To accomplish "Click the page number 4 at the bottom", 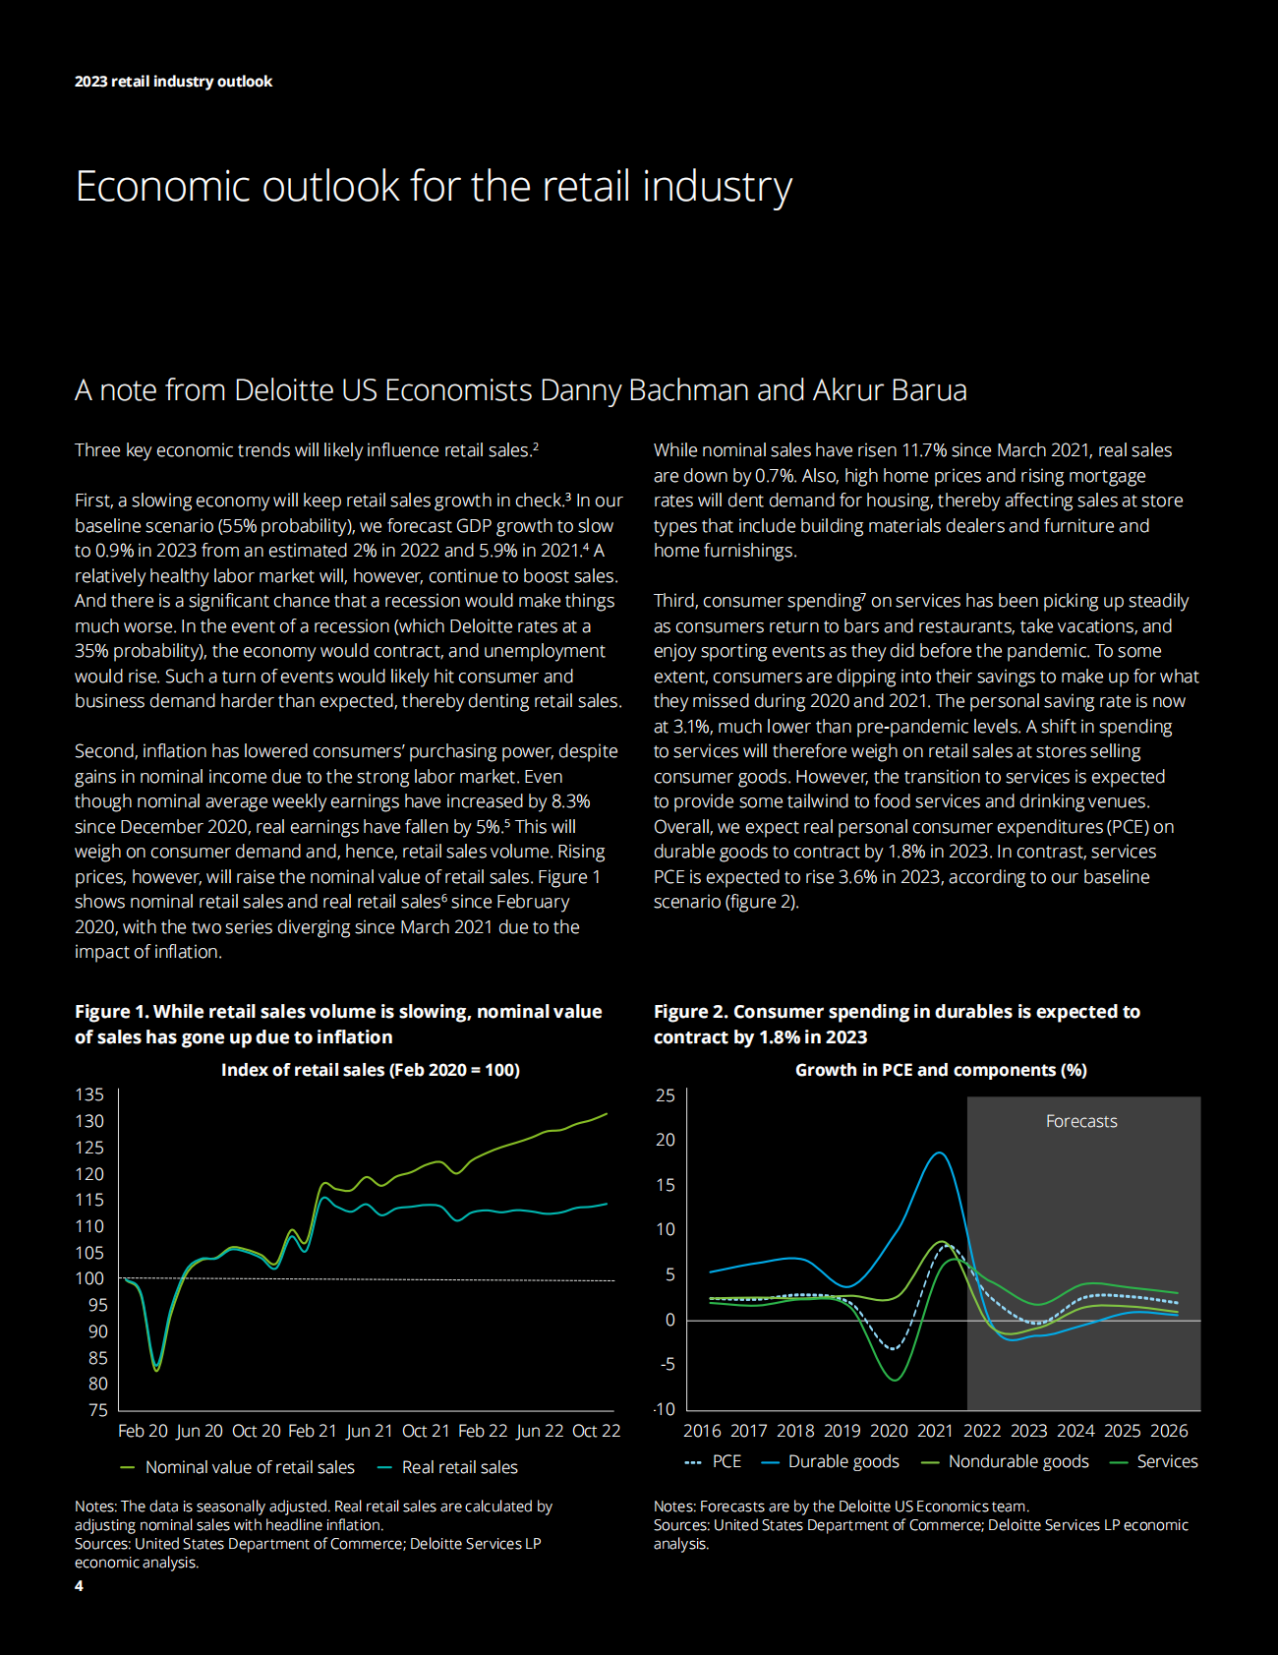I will tap(79, 1585).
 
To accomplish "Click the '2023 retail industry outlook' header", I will tap(173, 82).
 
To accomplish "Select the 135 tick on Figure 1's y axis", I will tap(89, 1094).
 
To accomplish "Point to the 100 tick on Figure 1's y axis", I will tap(89, 1278).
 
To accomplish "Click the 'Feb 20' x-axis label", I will tap(143, 1431).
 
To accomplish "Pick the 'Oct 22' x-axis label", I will tap(596, 1431).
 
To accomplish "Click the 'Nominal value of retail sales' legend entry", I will tap(249, 1467).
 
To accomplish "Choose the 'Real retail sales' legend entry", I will tap(459, 1467).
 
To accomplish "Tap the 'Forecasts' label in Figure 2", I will tap(1081, 1121).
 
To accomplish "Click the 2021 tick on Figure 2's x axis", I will tap(935, 1431).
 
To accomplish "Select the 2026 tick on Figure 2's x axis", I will tap(1169, 1431).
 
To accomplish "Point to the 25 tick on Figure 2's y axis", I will tap(666, 1095).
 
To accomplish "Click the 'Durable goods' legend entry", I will tap(842, 1461).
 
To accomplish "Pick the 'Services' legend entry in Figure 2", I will tap(1167, 1461).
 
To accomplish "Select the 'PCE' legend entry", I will tap(726, 1461).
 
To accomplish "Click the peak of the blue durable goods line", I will tap(940, 1153).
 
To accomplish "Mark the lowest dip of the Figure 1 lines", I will tap(156, 1369).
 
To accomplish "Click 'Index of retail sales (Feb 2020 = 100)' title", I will tap(370, 1070).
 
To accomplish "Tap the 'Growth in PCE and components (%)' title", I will tap(941, 1070).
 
